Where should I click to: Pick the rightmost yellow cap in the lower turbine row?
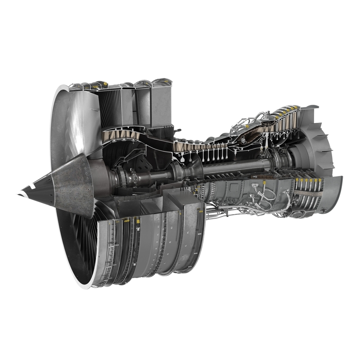pyautogui.click(x=320, y=180)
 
